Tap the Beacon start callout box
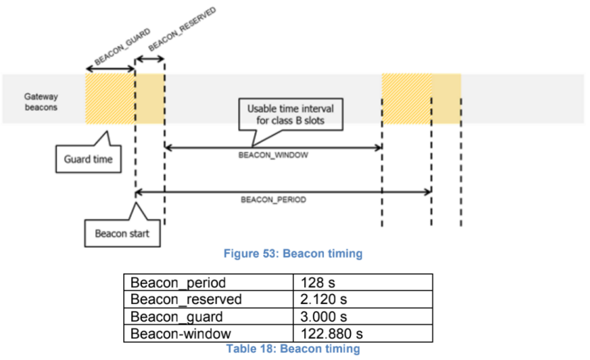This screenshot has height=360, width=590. tap(123, 234)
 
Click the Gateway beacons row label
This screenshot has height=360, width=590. tap(41, 101)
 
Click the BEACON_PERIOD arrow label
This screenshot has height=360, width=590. tap(273, 200)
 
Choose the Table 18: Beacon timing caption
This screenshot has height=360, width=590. tap(293, 349)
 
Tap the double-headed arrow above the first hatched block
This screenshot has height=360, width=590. tap(110, 69)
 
